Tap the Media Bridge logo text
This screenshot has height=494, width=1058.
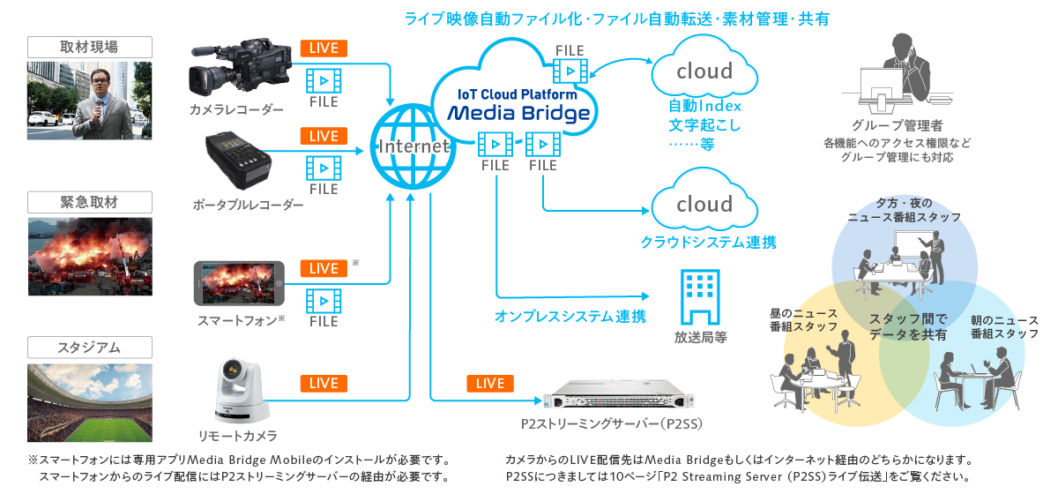coord(518,114)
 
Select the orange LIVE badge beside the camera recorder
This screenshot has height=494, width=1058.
coord(324,49)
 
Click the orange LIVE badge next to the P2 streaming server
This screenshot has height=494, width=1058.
coord(490,383)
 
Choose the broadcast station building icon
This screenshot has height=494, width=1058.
coord(699,296)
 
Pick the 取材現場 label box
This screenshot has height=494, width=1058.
coord(89,47)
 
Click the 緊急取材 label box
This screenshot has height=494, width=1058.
coord(89,202)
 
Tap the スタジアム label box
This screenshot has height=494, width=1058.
coord(89,347)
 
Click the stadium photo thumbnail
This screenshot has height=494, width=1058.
coord(89,402)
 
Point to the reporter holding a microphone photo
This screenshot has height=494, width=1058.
coord(89,101)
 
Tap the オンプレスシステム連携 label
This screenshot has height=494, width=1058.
coord(570,315)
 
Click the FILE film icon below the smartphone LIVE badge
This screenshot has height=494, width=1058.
coord(324,302)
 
